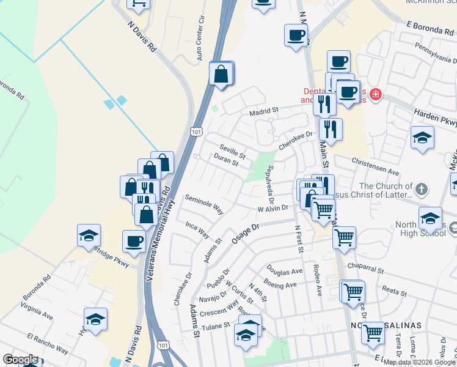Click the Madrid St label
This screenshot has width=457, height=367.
pyautogui.click(x=265, y=111)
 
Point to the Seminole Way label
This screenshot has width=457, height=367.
pyautogui.click(x=203, y=204)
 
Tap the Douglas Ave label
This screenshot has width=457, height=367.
pyautogui.click(x=284, y=270)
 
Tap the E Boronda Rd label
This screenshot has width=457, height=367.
pyautogui.click(x=431, y=28)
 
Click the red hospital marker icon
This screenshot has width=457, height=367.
pyautogui.click(x=374, y=95)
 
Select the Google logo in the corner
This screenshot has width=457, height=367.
pyautogui.click(x=20, y=360)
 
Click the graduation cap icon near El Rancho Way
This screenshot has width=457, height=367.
pyautogui.click(x=95, y=319)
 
